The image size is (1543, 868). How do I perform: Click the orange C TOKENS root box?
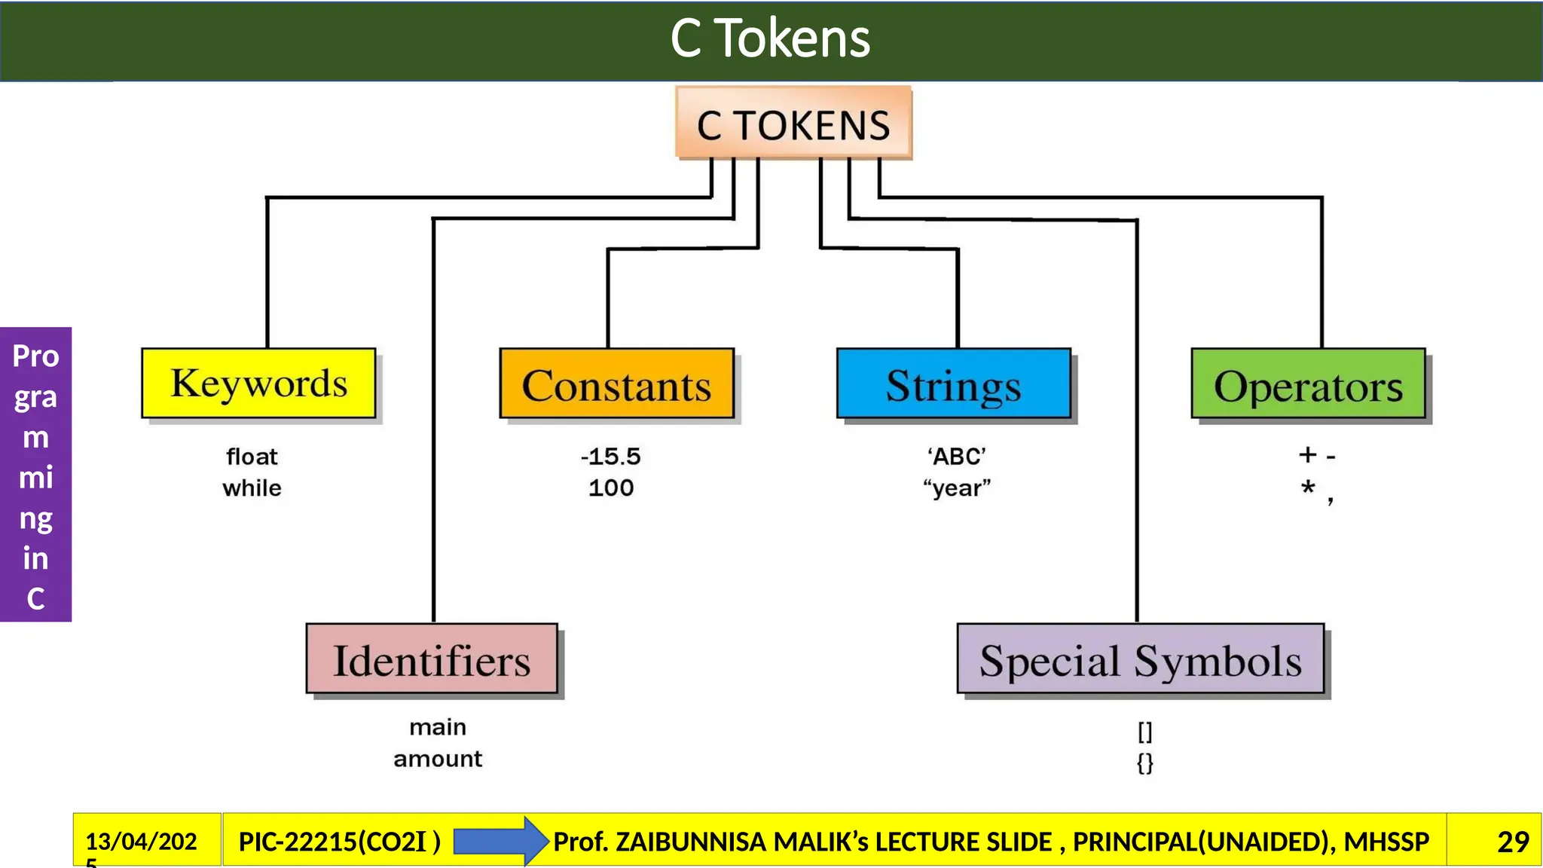793,124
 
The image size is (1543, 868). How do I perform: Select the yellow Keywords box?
258,383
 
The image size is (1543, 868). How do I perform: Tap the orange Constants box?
616,384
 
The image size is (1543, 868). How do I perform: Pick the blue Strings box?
953,384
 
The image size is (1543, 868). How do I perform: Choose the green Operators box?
1308,384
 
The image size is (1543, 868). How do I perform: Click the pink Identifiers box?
432,659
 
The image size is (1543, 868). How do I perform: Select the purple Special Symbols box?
1140,659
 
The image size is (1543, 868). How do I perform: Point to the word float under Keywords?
252,457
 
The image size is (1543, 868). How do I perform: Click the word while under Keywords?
252,488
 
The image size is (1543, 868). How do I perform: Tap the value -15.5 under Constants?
610,457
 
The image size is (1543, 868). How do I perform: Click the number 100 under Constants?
611,488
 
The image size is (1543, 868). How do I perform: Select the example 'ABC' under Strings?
956,457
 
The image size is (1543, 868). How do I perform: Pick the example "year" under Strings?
957,488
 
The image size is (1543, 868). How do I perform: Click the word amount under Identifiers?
438,759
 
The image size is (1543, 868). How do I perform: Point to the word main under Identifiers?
438,727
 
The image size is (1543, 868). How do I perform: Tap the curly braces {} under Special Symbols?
1144,763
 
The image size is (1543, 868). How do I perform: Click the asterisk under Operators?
1308,487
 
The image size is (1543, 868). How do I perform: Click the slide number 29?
1512,842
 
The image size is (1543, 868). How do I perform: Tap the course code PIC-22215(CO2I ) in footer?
339,842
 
